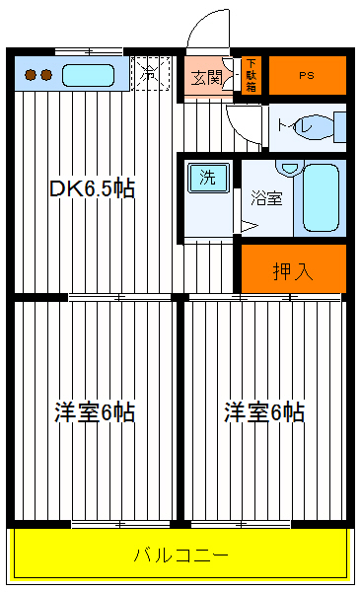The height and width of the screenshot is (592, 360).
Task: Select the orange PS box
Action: pos(307,75)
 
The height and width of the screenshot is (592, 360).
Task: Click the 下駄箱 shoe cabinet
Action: pos(251,75)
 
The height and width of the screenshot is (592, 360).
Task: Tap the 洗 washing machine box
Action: pos(208,178)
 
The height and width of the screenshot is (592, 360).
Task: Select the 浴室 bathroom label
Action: pos(267,197)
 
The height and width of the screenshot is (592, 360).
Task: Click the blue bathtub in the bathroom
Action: pos(322,197)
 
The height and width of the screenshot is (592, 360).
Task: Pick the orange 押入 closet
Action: pos(294,268)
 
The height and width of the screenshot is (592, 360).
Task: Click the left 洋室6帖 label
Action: pos(94,412)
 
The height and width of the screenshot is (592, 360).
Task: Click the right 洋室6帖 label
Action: pos(263,412)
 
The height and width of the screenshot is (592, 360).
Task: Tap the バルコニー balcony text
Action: pos(181,555)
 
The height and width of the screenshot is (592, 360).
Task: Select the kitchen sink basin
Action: pos(89,74)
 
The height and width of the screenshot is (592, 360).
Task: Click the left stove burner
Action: pos(30,74)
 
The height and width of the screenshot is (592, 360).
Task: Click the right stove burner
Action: pos(45,74)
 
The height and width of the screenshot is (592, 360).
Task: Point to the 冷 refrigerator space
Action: pos(150,73)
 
